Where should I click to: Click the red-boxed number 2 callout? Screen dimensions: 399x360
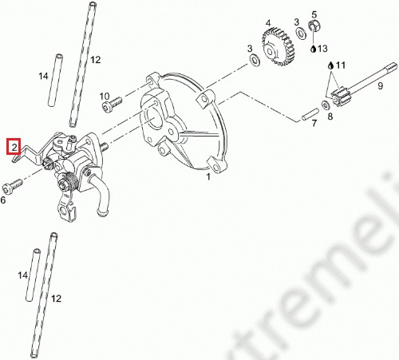tap(14, 146)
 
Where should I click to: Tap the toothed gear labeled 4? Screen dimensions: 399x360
tap(279, 47)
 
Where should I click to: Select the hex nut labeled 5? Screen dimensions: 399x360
tap(315, 26)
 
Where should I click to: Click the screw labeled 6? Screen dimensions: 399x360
tap(13, 186)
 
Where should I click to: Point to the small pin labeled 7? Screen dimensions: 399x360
tap(310, 113)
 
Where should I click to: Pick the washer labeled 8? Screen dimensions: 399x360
tap(326, 105)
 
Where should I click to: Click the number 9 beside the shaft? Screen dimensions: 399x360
tap(381, 85)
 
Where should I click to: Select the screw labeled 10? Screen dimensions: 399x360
tap(112, 103)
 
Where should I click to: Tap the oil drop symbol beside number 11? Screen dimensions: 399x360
tap(330, 65)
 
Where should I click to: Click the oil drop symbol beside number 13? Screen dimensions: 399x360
tap(314, 49)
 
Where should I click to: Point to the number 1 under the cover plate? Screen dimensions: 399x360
tap(208, 176)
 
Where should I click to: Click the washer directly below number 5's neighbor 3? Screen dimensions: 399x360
tap(301, 34)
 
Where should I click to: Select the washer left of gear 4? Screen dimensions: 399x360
tap(254, 60)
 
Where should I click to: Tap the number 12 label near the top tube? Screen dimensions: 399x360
tap(96, 60)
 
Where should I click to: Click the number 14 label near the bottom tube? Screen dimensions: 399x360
tap(23, 275)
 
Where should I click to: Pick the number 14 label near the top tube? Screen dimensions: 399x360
tap(43, 77)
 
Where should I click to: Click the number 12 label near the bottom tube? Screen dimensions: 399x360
tap(56, 299)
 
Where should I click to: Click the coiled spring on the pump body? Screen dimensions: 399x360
tap(70, 181)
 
